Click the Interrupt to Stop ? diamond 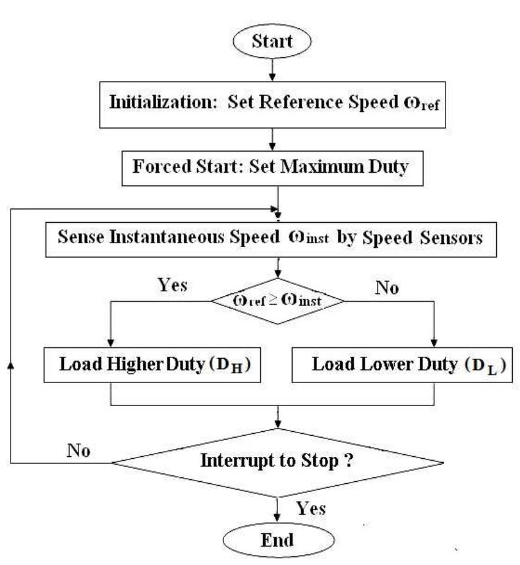277,461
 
